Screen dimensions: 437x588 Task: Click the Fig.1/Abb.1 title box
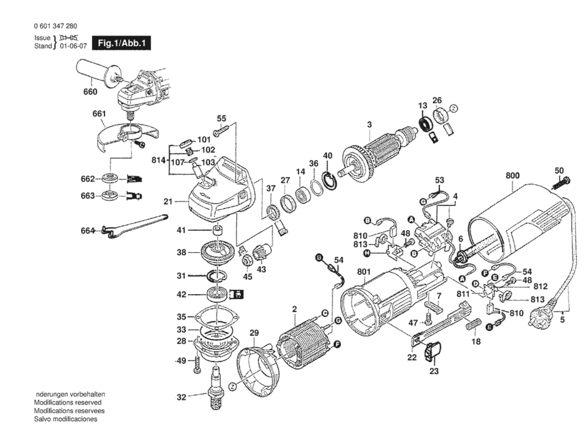click(x=121, y=43)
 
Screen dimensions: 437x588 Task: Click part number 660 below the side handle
click(x=90, y=92)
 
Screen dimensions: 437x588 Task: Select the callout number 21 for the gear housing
click(x=168, y=201)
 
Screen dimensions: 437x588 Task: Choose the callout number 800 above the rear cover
click(x=512, y=176)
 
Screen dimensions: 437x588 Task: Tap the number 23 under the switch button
click(x=434, y=371)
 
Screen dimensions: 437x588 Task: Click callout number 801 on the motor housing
click(x=364, y=272)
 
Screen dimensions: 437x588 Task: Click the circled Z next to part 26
click(x=454, y=108)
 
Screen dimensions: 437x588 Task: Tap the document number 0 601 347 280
click(x=56, y=26)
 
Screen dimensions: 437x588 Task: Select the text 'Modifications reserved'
click(x=68, y=403)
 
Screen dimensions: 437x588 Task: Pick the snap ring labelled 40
click(x=331, y=181)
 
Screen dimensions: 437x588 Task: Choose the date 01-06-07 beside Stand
click(x=73, y=46)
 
